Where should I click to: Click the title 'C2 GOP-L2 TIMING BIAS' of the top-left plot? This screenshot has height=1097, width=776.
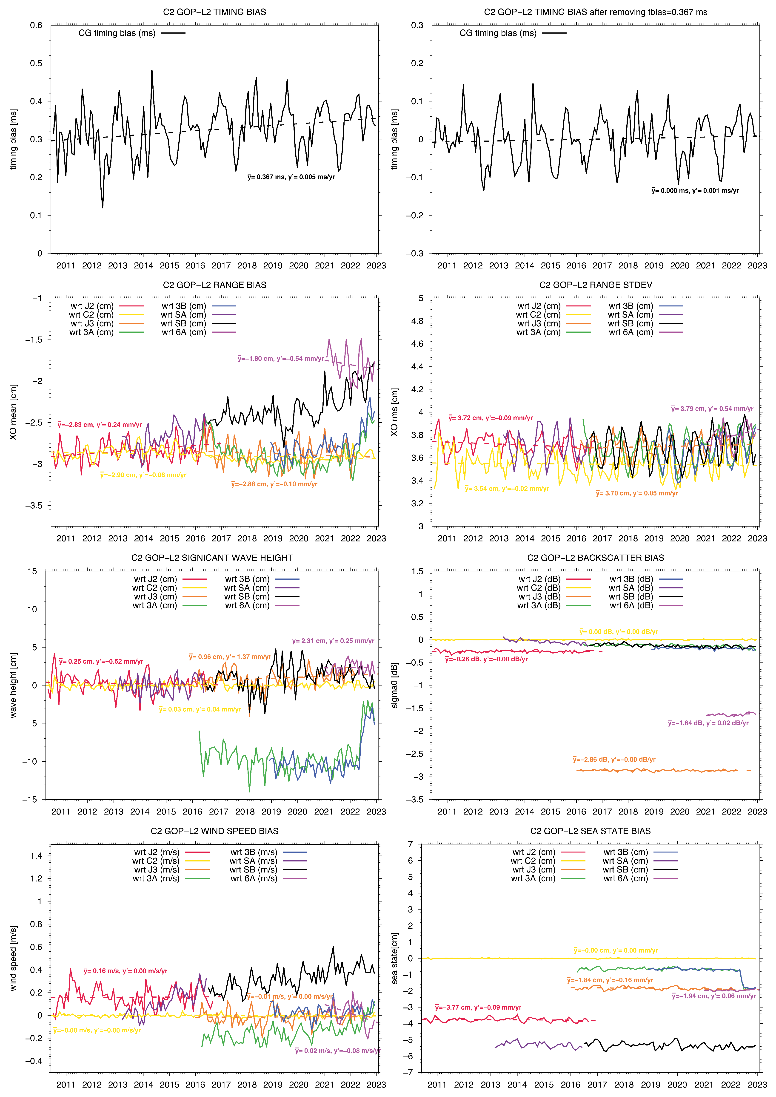click(x=214, y=12)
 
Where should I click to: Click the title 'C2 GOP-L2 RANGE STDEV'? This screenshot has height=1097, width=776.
click(x=595, y=285)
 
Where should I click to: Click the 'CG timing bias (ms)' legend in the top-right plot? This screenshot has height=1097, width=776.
click(x=498, y=33)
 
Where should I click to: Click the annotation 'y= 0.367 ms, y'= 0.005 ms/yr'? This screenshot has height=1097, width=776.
click(x=291, y=177)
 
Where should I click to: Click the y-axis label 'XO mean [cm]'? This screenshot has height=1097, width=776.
click(x=13, y=412)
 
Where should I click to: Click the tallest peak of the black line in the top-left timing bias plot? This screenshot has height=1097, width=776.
click(x=152, y=70)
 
